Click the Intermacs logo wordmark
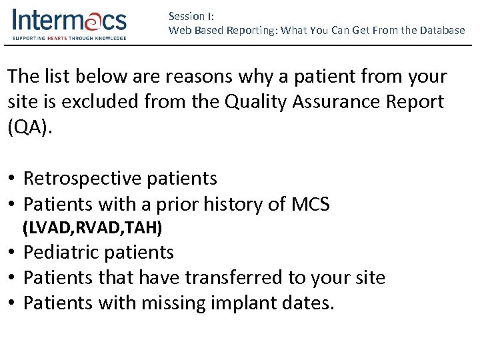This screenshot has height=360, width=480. tap(69, 21)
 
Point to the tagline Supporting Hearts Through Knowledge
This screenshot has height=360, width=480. tap(69, 38)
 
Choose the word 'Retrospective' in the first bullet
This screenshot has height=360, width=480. tap(82, 178)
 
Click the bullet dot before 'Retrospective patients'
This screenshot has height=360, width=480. tap(13, 179)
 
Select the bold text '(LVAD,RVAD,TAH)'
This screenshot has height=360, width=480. tap(93, 228)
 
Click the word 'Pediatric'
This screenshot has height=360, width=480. tap(63, 252)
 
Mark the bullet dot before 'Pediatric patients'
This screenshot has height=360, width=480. tap(13, 253)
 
